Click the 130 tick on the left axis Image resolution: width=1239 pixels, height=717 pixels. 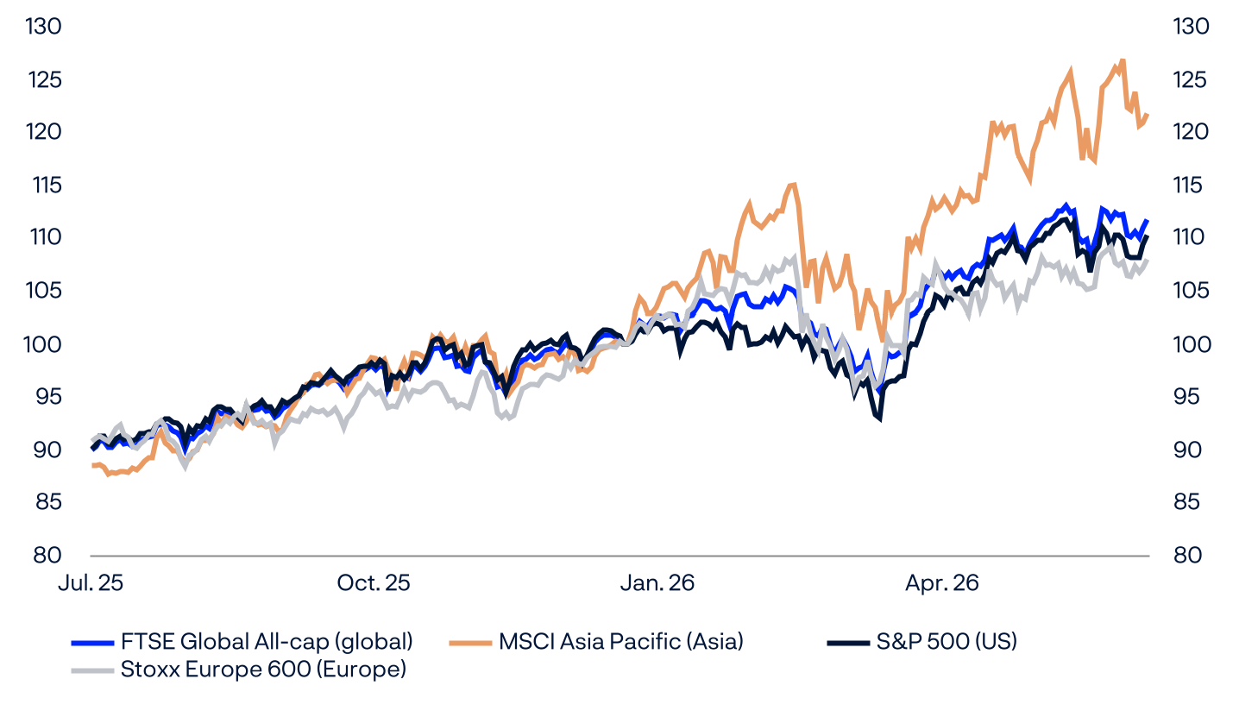coord(43,27)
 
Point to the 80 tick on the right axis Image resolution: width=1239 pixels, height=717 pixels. coord(1187,554)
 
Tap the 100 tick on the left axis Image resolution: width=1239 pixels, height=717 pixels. coord(42,344)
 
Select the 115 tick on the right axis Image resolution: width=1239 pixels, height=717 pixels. coord(1189,185)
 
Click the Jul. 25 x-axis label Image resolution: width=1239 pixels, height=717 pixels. coord(91,583)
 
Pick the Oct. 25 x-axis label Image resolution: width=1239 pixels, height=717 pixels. coord(374,583)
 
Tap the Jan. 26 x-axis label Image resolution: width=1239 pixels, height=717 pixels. coord(657,583)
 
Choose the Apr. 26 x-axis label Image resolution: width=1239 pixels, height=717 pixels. coord(941,583)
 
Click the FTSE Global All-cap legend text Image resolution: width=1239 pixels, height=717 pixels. coord(267,642)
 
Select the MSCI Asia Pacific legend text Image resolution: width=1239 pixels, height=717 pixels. coord(620,642)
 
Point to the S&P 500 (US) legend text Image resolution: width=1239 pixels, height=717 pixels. coord(947,641)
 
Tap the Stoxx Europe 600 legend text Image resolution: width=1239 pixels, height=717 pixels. coord(263,670)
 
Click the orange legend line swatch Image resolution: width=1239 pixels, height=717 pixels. coord(470,643)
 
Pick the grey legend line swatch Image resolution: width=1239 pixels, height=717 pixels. coord(92,670)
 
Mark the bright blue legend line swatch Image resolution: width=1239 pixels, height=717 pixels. coord(92,643)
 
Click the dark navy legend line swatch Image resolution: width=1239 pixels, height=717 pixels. coord(848,643)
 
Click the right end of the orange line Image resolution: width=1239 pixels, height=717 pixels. coord(1148,115)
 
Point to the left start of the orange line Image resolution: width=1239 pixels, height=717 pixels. coord(93,466)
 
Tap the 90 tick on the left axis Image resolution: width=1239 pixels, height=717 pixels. coord(47,450)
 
